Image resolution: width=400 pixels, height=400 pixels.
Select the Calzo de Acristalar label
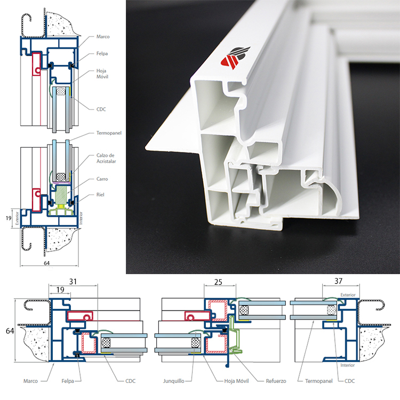pyautogui.click(x=102, y=158)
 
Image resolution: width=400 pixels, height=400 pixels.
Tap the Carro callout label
pyautogui.click(x=102, y=179)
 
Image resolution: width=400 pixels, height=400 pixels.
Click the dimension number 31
pyautogui.click(x=73, y=281)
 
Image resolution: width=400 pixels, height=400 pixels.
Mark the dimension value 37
pyautogui.click(x=339, y=281)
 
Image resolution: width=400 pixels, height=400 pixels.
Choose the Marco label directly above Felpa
pyautogui.click(x=103, y=37)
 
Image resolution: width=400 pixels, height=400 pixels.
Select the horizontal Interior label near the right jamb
pyautogui.click(x=347, y=365)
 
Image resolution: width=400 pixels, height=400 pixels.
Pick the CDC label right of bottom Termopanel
pyautogui.click(x=350, y=381)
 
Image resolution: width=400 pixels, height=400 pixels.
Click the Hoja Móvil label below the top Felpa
pyautogui.click(x=102, y=74)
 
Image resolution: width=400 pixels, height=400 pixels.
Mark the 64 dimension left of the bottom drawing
pyautogui.click(x=9, y=332)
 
